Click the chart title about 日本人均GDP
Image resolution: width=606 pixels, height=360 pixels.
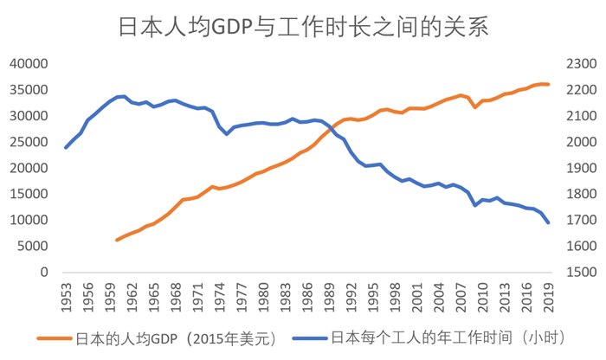303,26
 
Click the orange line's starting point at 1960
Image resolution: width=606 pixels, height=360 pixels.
117,240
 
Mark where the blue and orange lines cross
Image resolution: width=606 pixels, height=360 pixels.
332,129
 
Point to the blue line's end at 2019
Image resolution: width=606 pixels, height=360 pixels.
548,223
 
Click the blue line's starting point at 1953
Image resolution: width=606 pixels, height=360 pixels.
66,147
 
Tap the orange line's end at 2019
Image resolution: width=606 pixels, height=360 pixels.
548,84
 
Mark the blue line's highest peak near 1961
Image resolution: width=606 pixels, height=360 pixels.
125,96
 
